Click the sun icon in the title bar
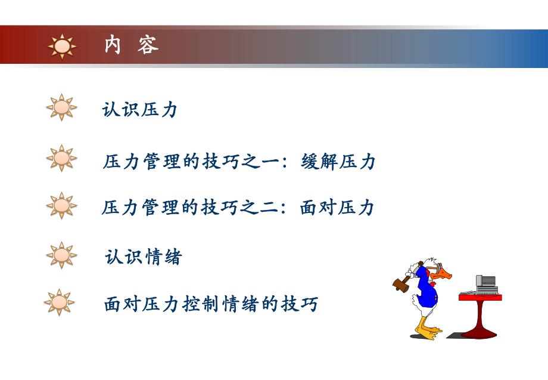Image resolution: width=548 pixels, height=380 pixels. (62, 46)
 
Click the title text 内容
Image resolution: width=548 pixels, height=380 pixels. (131, 45)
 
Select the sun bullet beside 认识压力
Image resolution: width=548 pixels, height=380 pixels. (61, 107)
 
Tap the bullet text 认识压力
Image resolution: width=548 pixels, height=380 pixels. (140, 110)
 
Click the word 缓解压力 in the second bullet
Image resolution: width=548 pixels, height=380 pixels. (338, 162)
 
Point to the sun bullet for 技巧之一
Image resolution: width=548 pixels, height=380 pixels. (61, 158)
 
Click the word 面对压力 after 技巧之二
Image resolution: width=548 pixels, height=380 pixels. (337, 208)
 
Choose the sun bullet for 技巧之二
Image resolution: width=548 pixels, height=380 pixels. (61, 205)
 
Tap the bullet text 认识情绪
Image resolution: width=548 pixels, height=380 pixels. (143, 257)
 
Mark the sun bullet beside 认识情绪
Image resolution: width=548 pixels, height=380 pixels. (61, 255)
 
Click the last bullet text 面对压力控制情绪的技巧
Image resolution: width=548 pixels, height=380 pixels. (211, 304)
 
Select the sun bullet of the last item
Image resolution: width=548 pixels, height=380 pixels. (60, 302)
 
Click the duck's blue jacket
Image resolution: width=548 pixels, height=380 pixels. (424, 286)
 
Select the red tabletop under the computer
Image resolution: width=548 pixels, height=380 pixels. (480, 296)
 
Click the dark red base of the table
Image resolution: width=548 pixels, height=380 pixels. (479, 332)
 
